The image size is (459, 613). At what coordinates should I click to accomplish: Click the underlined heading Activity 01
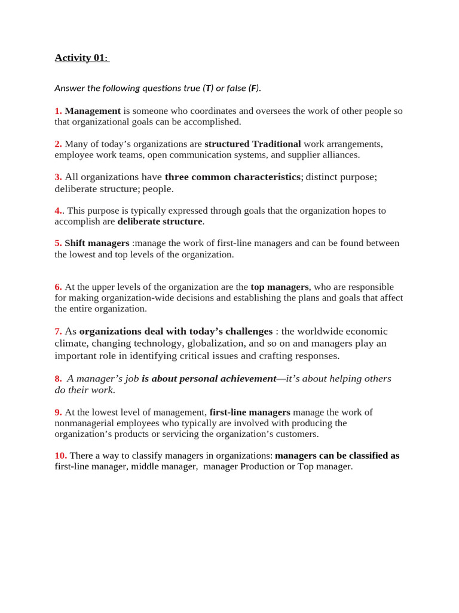tap(81, 58)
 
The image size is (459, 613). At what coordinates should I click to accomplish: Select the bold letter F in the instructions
tap(253, 89)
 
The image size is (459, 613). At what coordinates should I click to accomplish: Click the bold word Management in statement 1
tap(93, 111)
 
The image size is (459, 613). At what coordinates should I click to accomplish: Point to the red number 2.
tap(58, 144)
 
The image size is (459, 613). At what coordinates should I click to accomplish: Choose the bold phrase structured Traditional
tap(253, 144)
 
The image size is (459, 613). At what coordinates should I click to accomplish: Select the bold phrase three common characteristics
tap(232, 177)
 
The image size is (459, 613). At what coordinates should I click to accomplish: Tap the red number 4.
tap(58, 211)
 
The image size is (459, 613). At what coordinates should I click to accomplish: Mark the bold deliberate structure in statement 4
tap(160, 221)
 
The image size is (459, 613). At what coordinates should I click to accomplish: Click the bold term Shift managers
tap(97, 243)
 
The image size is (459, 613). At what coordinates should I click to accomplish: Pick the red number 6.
tap(58, 287)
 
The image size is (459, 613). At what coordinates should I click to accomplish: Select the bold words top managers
tap(280, 287)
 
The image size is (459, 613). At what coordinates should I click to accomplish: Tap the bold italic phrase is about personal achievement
tap(209, 379)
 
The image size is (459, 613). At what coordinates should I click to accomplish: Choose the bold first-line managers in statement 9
tap(250, 412)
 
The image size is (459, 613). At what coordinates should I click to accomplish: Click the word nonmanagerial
tap(86, 423)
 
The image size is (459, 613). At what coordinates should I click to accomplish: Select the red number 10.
tap(60, 456)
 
